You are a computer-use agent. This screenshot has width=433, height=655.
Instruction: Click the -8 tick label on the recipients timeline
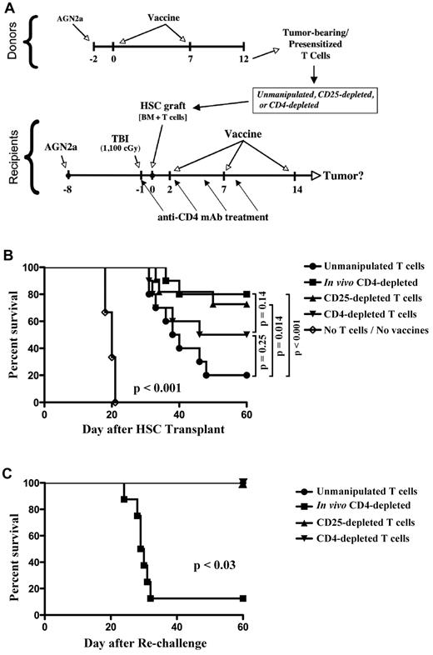[x=68, y=189]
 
